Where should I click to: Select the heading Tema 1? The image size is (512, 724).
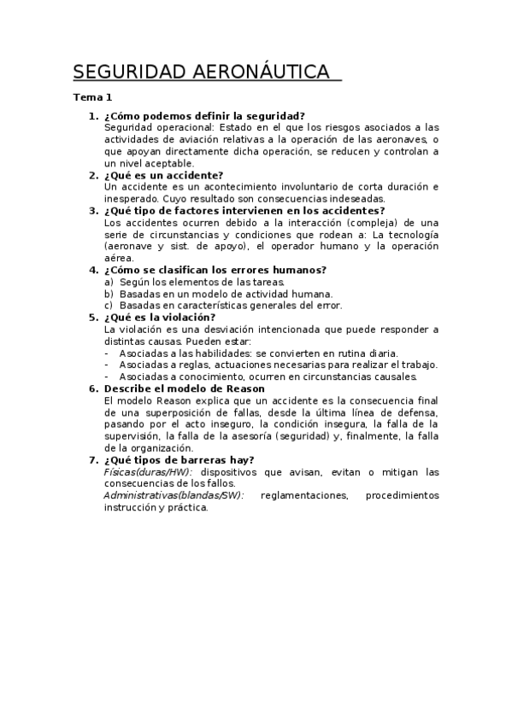pos(92,97)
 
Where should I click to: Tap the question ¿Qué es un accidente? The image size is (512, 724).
pos(163,175)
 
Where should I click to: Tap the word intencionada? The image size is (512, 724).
pos(315,329)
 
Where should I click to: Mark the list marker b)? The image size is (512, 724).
pos(109,294)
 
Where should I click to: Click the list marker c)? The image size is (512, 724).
pos(109,305)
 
